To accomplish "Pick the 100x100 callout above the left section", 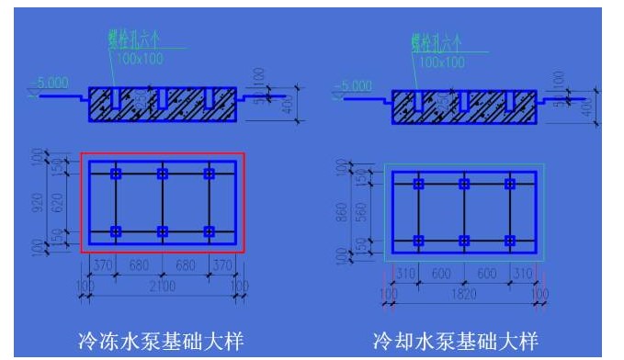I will [138, 58].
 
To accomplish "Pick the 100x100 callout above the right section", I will [440, 62].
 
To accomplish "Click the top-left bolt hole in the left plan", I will [116, 173].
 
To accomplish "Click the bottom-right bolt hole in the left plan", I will [210, 231].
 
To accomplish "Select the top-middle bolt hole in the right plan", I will [464, 184].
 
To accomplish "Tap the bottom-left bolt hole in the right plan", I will [418, 241].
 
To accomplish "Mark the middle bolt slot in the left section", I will [163, 97].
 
